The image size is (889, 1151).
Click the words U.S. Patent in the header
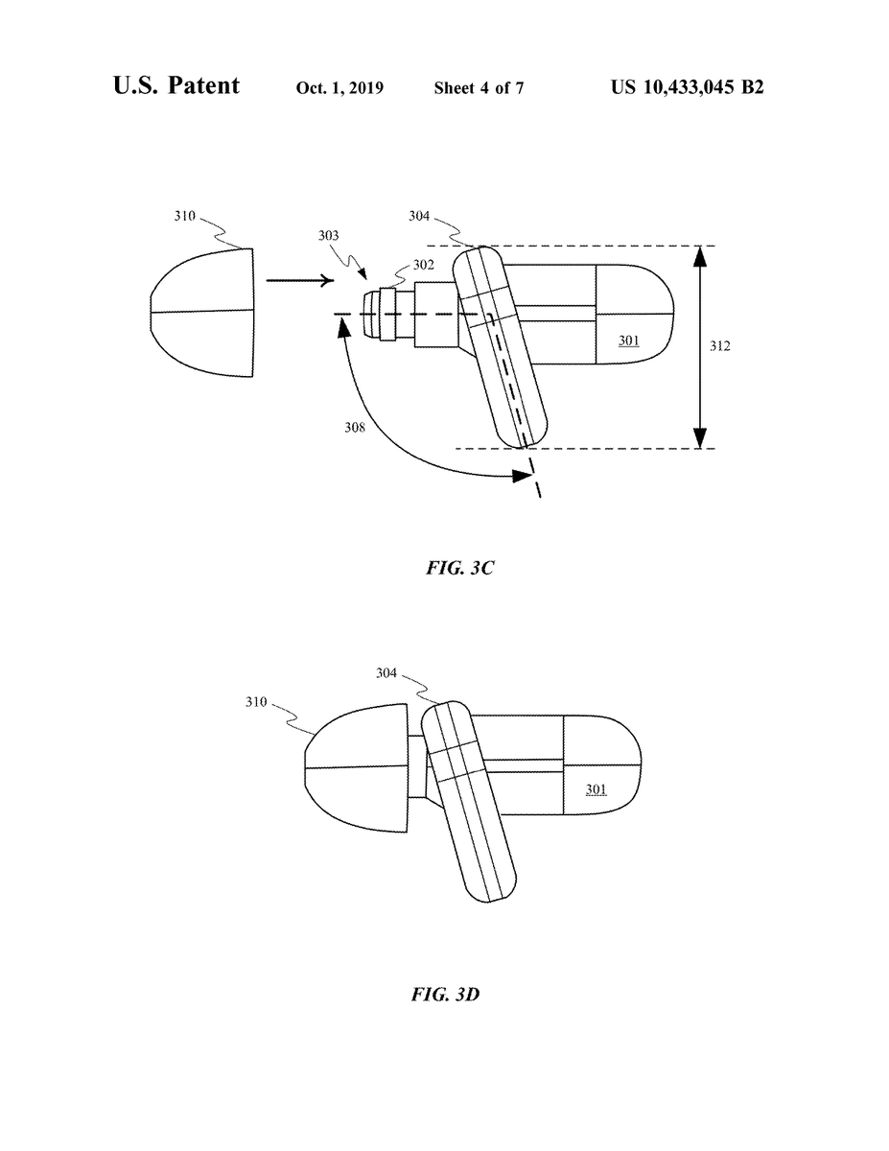[176, 85]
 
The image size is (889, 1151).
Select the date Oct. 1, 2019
[339, 88]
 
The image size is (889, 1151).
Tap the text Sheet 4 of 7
[479, 88]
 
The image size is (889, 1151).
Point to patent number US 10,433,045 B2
[688, 87]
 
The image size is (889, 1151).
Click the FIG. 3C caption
[459, 568]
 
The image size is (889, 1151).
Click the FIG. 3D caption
[445, 995]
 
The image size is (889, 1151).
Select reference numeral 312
[720, 346]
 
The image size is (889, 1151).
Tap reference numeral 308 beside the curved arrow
[355, 427]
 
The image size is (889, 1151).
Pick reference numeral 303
[328, 235]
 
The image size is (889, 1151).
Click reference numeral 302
[424, 265]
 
